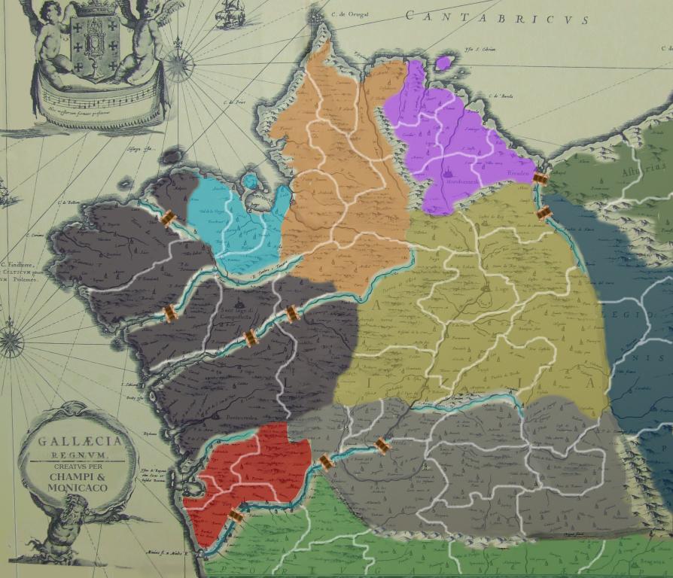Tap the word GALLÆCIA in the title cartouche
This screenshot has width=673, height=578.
click(x=76, y=442)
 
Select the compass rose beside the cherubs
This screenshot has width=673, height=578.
click(x=178, y=65)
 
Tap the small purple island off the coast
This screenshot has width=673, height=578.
click(x=443, y=62)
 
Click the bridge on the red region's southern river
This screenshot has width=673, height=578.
click(x=236, y=516)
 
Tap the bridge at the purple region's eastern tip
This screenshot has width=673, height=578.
click(x=540, y=178)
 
